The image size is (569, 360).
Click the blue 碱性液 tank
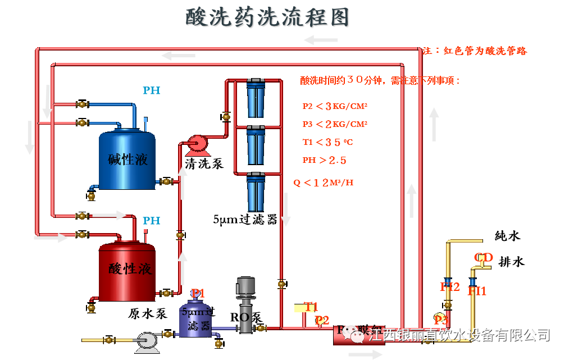tap(128, 160)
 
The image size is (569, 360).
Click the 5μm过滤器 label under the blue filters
tap(245, 220)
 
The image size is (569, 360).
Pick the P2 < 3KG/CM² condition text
tap(335, 106)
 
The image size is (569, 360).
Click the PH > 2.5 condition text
tap(324, 160)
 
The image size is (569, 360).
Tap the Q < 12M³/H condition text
tap(323, 183)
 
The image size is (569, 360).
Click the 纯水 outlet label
tap(507, 236)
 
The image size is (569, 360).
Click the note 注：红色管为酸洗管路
tap(474, 51)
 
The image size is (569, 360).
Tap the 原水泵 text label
tap(148, 314)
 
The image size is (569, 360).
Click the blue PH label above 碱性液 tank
tap(151, 90)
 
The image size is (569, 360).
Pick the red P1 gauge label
tap(198, 293)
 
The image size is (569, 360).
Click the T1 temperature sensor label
tap(311, 307)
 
